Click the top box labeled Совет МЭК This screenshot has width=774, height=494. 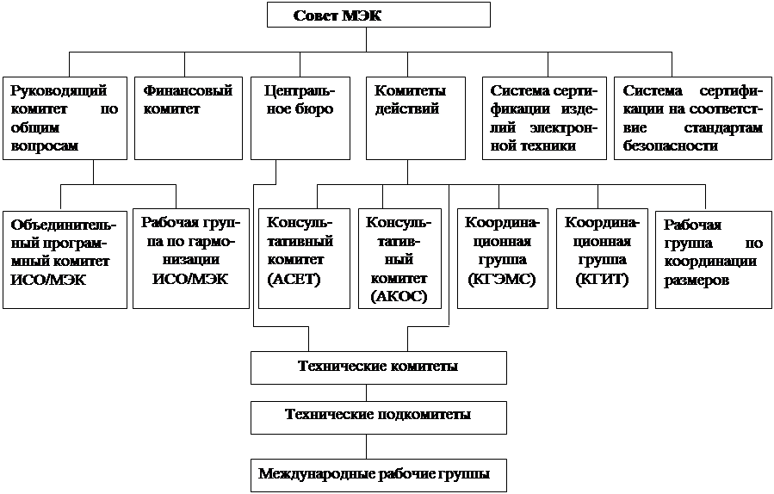tap(379, 15)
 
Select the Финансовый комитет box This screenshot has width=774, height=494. tap(189, 118)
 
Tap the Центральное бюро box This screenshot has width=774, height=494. tap(300, 118)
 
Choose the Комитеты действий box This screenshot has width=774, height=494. tap(416, 118)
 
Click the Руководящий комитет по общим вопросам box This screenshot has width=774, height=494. tap(65, 118)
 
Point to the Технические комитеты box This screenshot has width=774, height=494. tap(379, 367)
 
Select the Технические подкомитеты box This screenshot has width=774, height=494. tap(379, 417)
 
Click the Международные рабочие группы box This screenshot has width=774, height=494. tap(379, 475)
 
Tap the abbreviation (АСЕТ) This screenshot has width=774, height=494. tap(294, 280)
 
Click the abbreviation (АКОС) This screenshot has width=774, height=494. tap(399, 297)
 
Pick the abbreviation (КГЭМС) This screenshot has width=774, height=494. tap(502, 280)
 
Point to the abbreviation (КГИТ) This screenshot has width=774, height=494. tap(602, 280)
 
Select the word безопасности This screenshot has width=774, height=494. tap(671, 146)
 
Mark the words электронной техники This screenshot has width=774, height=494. tap(544, 137)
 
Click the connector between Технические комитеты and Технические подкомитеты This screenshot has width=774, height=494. tap(366, 392)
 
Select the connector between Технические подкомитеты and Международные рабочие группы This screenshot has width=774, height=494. tap(366, 447)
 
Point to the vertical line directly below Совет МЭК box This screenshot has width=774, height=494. tap(366, 40)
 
